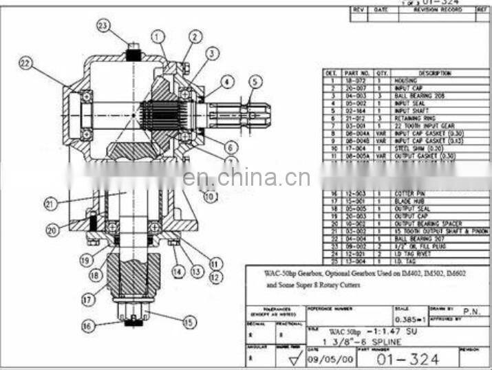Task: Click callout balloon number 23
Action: click(x=103, y=26)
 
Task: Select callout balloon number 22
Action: click(x=25, y=64)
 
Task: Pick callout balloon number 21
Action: click(x=49, y=203)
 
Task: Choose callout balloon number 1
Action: click(x=159, y=36)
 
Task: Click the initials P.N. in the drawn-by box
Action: click(x=471, y=312)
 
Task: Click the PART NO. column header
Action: click(x=357, y=73)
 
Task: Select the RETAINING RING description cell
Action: click(x=413, y=118)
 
